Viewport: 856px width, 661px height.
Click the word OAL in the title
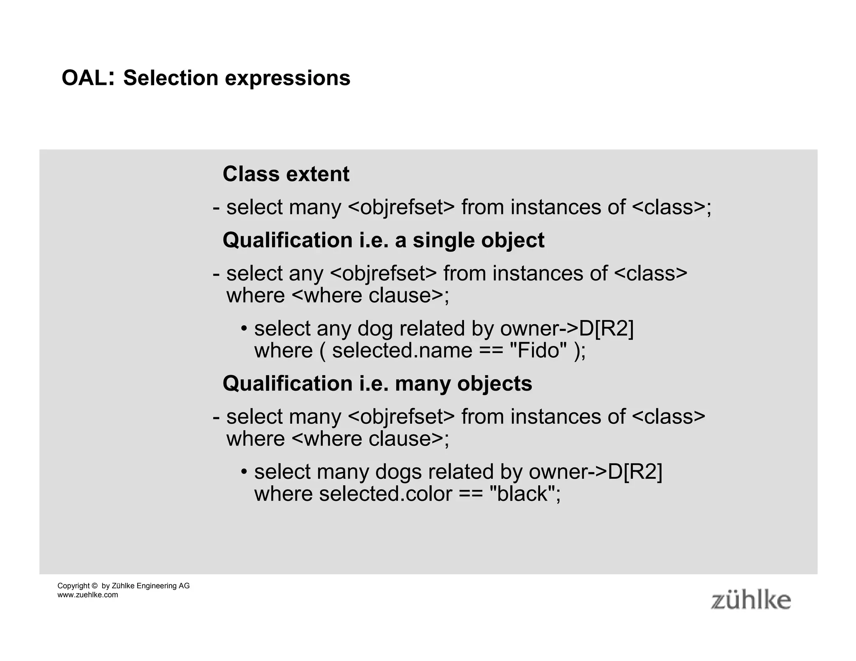pos(84,78)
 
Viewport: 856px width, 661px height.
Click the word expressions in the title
pos(288,78)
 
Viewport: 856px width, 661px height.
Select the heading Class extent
pos(286,174)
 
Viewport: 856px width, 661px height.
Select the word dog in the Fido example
pos(375,328)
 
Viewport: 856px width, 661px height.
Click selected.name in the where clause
pos(402,350)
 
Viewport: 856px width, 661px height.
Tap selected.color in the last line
pos(385,493)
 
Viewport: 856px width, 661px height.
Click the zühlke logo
pos(751,600)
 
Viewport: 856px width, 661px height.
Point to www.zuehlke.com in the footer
pos(88,595)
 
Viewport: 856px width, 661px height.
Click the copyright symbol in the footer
pos(94,586)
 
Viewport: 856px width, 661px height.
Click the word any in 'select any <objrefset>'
pos(306,274)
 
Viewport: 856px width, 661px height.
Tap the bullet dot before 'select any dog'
pos(244,328)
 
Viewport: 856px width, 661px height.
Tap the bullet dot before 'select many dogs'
pos(244,472)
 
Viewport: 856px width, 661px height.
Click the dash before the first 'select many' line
pos(216,208)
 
